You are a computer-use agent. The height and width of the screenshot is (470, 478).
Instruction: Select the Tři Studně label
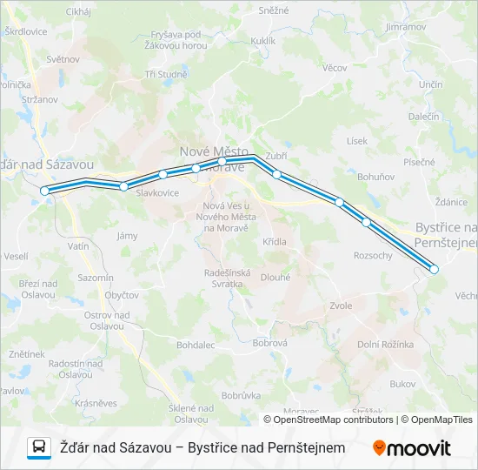pyautogui.click(x=167, y=74)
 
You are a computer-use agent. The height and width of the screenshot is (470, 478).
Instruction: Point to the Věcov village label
pyautogui.click(x=334, y=67)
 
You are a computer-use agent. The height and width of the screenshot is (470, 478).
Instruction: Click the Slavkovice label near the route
pyautogui.click(x=158, y=192)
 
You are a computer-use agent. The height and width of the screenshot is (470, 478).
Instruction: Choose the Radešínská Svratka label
pyautogui.click(x=227, y=279)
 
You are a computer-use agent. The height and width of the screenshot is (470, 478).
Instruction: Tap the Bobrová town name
pyautogui.click(x=269, y=343)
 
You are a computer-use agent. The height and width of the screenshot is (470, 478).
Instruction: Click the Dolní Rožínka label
pyautogui.click(x=385, y=344)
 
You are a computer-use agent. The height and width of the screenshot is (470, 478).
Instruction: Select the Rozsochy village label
pyautogui.click(x=374, y=255)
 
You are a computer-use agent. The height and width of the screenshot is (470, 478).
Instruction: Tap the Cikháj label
pyautogui.click(x=77, y=11)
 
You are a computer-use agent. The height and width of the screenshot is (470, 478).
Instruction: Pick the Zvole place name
pyautogui.click(x=341, y=305)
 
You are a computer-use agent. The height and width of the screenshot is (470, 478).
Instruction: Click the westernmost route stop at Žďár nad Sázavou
pyautogui.click(x=44, y=190)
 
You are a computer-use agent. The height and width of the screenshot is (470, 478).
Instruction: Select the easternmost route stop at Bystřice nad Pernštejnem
pyautogui.click(x=435, y=270)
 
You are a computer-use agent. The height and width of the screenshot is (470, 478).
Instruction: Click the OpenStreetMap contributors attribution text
pyautogui.click(x=329, y=420)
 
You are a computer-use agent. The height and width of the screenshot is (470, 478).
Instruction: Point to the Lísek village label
pyautogui.click(x=356, y=140)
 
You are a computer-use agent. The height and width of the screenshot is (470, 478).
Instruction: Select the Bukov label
pyautogui.click(x=403, y=383)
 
